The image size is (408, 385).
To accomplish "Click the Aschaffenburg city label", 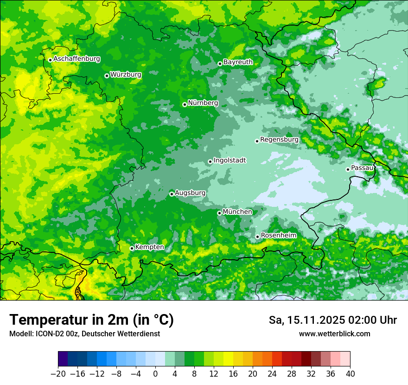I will pos(76,59).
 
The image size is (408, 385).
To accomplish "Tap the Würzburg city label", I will pos(126,75).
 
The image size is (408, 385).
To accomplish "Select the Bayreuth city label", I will pos(238,62).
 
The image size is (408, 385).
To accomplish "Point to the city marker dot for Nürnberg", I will pos(185,104).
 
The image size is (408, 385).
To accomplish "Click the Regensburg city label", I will pos(279,140).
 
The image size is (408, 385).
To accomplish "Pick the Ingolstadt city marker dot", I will pos(210,162).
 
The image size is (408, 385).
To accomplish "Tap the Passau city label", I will pos(362,168).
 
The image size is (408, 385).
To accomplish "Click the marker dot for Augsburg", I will pos(172,194).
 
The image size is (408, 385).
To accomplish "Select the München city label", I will pos(237,212).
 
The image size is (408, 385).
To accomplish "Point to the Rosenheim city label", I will pos(278,236).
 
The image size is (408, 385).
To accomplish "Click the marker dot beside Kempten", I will pos(132,248).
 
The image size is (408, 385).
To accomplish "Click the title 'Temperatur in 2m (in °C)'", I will pos(91,320).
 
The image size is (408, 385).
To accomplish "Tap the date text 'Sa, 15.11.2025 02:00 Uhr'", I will pos(332,320).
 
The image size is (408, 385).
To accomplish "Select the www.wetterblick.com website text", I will pos(334,334).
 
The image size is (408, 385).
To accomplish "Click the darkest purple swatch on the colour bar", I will pos(63,359).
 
